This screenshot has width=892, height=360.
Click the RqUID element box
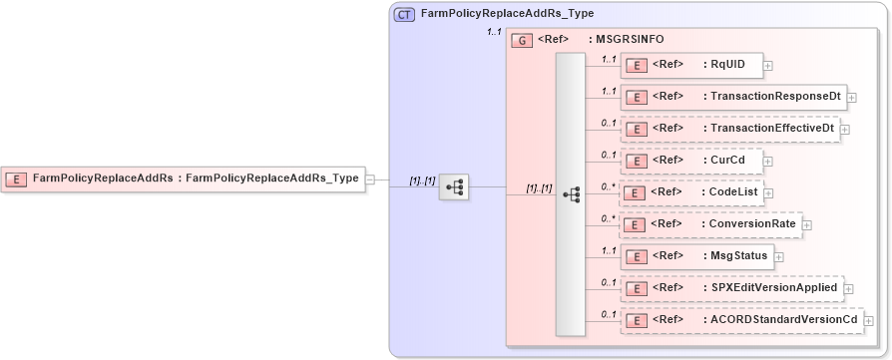coord(691,65)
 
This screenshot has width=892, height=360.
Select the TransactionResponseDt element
coord(733,97)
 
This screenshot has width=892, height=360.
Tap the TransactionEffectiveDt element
coord(729,129)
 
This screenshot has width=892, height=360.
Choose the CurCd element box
coord(690,161)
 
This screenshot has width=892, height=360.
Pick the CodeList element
coord(691,192)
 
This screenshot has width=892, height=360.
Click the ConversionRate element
coord(709,224)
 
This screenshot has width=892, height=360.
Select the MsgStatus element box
coord(696,256)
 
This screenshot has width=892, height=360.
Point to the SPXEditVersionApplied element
coord(731,288)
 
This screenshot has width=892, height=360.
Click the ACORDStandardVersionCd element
coord(739,320)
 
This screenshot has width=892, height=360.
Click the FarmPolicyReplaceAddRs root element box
coord(183,179)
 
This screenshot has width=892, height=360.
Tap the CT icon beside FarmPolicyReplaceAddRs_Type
coord(405,15)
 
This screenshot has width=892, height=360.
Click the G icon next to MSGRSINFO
coord(522,40)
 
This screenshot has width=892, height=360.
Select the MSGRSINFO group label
coord(631,40)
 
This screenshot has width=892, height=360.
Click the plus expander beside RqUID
coord(768,66)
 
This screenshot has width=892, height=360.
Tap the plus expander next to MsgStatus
coord(778,257)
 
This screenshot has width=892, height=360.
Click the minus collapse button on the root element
coord(370,180)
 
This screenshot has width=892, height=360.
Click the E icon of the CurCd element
coord(636,161)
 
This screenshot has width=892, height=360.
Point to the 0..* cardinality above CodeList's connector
coord(607,186)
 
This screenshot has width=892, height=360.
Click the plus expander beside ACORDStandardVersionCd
coord(868,321)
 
